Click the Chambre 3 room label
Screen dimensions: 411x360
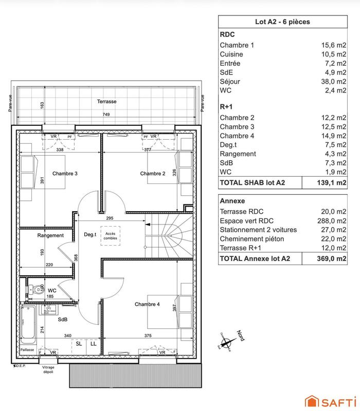[65, 173]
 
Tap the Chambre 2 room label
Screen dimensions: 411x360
[153, 174]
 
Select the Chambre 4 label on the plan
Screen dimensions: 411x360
[147, 304]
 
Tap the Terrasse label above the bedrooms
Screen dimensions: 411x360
[106, 102]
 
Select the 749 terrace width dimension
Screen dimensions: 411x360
[106, 115]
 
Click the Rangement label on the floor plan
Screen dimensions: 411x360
[50, 235]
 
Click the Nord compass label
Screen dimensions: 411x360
[240, 337]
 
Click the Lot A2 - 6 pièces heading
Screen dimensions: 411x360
[282, 22]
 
